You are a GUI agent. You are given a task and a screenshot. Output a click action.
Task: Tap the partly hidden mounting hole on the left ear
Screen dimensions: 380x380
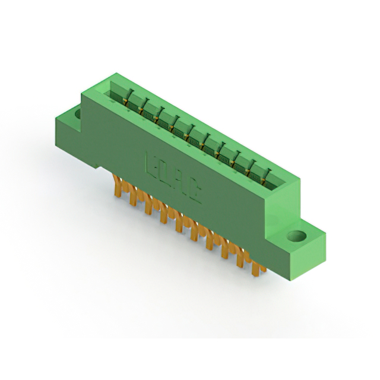77,111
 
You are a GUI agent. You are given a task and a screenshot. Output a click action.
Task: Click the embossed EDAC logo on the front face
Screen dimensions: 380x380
173,178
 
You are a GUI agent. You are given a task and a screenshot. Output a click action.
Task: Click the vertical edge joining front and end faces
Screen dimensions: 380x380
268,226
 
